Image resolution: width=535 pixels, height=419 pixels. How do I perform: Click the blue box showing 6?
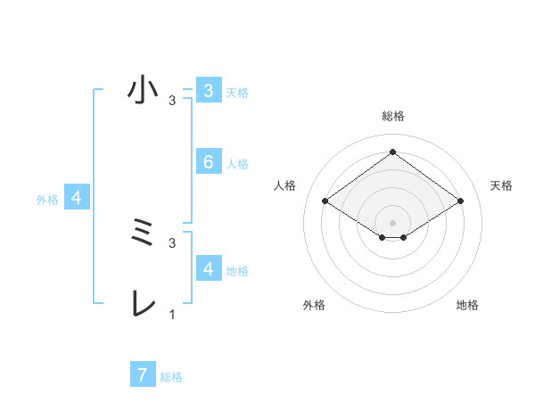pos(209,162)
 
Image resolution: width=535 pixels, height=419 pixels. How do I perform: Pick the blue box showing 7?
pos(143,374)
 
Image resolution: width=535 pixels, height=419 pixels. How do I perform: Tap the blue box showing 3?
pos(209,91)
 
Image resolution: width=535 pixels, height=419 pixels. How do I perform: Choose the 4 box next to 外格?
pos(77,199)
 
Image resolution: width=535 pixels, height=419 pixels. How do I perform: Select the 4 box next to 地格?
pos(209,268)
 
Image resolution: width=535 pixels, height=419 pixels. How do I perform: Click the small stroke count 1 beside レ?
pos(172,315)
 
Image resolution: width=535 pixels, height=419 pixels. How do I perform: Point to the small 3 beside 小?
pos(172,101)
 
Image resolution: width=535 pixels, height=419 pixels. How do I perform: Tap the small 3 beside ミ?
pos(172,242)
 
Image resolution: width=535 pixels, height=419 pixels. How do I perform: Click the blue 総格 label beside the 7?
pos(171,377)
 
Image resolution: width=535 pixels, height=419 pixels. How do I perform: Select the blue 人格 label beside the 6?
pos(237,164)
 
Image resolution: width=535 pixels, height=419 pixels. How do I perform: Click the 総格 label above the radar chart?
pos(392,116)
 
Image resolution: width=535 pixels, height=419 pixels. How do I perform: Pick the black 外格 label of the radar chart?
pos(314,305)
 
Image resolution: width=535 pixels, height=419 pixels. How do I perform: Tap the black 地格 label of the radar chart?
pos(467,305)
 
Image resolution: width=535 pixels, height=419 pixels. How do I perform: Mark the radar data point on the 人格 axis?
pos(325,201)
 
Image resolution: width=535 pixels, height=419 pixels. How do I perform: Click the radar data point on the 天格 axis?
pos(460,201)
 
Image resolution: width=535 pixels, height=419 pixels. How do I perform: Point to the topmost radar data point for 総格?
pos(392,152)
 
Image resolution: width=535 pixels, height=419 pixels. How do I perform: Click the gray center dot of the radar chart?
pos(392,222)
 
